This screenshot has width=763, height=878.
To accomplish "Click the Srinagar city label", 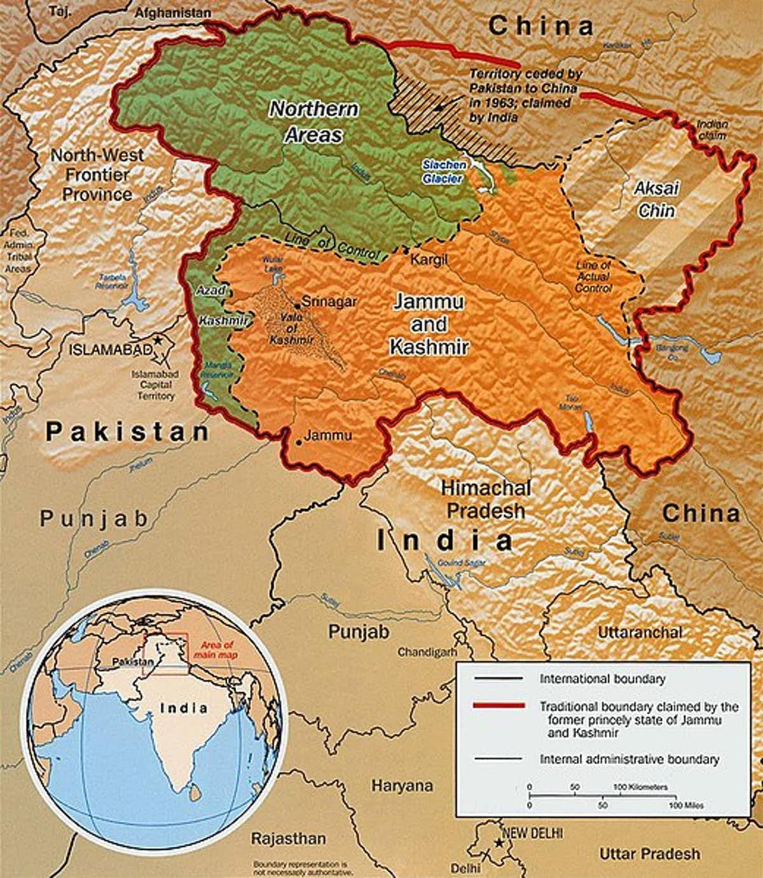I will tap(329, 302).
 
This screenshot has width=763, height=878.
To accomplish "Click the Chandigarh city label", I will tap(428, 652).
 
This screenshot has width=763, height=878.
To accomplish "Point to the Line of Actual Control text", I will tap(592, 277).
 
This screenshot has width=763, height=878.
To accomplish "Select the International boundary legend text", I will tap(602, 679).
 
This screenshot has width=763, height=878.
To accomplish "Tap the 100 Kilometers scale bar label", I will tap(640, 787).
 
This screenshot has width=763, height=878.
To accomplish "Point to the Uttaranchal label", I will tap(640, 632).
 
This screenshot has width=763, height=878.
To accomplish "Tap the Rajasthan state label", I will tap(288, 838).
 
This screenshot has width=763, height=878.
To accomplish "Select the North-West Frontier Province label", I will tap(97, 174).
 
